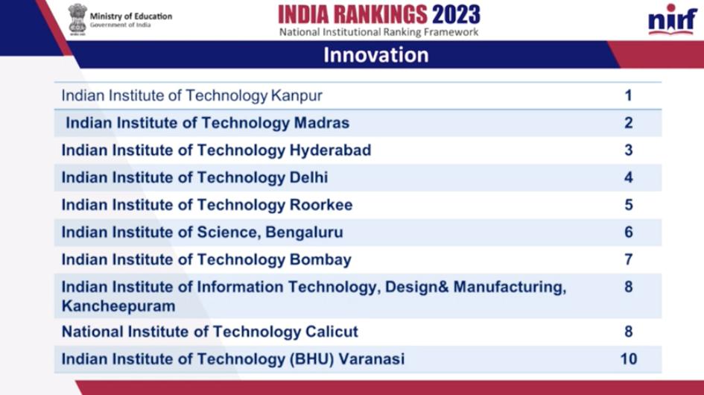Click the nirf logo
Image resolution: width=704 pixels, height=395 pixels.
(x=673, y=20)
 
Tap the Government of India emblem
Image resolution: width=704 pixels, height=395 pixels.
(x=77, y=19)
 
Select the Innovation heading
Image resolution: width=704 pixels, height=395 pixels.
(x=376, y=55)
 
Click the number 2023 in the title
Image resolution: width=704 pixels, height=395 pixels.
(x=456, y=15)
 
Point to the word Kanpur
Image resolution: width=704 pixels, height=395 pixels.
(x=296, y=95)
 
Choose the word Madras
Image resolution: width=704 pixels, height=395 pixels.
(x=322, y=123)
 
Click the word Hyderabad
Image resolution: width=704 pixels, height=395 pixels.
(x=331, y=151)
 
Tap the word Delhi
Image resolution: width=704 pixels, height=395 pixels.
(x=309, y=177)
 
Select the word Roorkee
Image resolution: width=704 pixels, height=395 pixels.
(x=321, y=205)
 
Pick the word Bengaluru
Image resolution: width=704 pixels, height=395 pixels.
(x=304, y=233)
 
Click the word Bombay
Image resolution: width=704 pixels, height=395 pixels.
(x=320, y=260)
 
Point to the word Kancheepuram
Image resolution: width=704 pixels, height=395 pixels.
(x=118, y=306)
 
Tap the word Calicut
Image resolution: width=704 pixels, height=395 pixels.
(x=332, y=332)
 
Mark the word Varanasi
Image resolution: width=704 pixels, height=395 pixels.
(x=371, y=359)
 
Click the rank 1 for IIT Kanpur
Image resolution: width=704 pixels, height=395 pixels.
(x=628, y=95)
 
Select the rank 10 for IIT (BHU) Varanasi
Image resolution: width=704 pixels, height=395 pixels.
(x=629, y=359)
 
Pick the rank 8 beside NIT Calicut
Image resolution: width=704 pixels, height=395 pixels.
(x=629, y=332)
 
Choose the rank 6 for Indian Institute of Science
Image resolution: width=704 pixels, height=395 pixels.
(x=629, y=233)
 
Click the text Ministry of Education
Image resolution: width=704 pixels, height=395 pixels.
(x=131, y=16)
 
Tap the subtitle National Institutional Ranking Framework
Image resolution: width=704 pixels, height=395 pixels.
(x=379, y=32)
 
